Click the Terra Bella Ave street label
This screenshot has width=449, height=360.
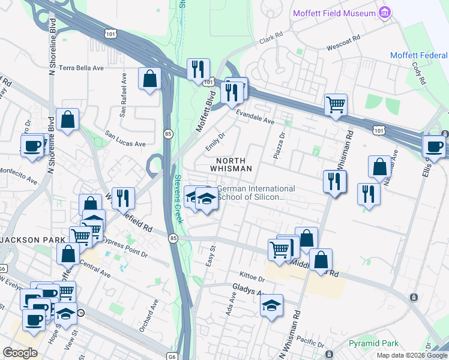pyautogui.click(x=82, y=68)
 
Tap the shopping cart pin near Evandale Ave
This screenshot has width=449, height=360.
pyautogui.click(x=336, y=104)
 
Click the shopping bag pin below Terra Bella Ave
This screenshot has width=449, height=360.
pyautogui.click(x=67, y=119)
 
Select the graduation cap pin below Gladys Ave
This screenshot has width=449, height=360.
pyautogui.click(x=271, y=305)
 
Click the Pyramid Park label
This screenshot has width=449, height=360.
pyautogui.click(x=373, y=344)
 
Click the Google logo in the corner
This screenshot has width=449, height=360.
pyautogui.click(x=20, y=353)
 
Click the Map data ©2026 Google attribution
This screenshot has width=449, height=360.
pyautogui.click(x=411, y=355)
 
